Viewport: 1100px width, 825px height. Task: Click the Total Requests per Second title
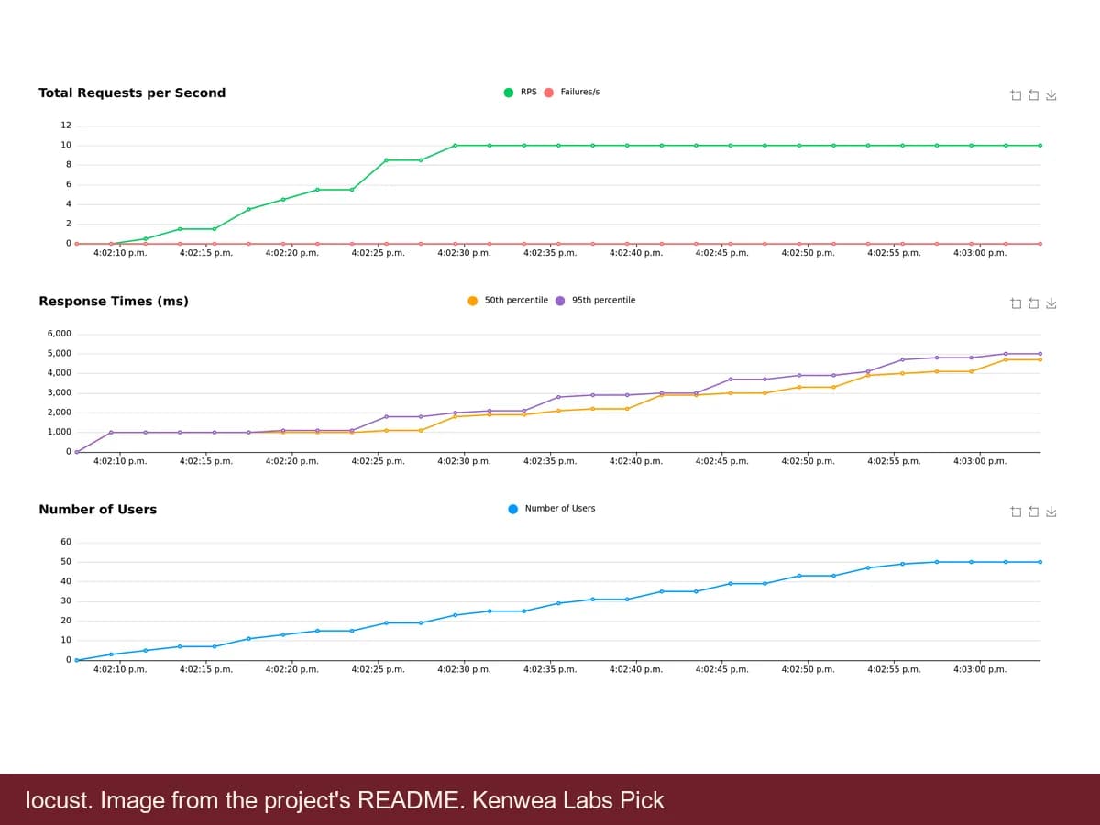click(132, 93)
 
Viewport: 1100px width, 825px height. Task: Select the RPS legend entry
click(520, 93)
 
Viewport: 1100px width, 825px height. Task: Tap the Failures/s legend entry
click(572, 93)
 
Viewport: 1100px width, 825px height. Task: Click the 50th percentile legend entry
click(508, 300)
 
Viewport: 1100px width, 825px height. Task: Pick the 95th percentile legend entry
click(595, 300)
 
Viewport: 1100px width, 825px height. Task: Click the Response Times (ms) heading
click(114, 301)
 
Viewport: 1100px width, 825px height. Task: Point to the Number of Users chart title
click(98, 509)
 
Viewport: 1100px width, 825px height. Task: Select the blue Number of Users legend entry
click(552, 509)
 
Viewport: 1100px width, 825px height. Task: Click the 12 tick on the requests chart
click(66, 126)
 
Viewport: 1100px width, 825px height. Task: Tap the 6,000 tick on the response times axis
click(60, 334)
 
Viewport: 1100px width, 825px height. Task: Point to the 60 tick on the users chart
click(66, 542)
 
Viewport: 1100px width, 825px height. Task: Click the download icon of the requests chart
click(1051, 95)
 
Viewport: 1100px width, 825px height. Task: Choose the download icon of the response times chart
click(1051, 303)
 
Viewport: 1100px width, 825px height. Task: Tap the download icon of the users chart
click(1051, 511)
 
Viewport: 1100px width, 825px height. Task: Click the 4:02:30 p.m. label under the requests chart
click(464, 253)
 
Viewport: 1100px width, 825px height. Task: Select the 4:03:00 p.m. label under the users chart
click(980, 669)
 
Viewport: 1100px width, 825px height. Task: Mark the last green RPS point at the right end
click(1040, 146)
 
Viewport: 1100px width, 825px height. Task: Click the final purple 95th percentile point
click(1040, 354)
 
